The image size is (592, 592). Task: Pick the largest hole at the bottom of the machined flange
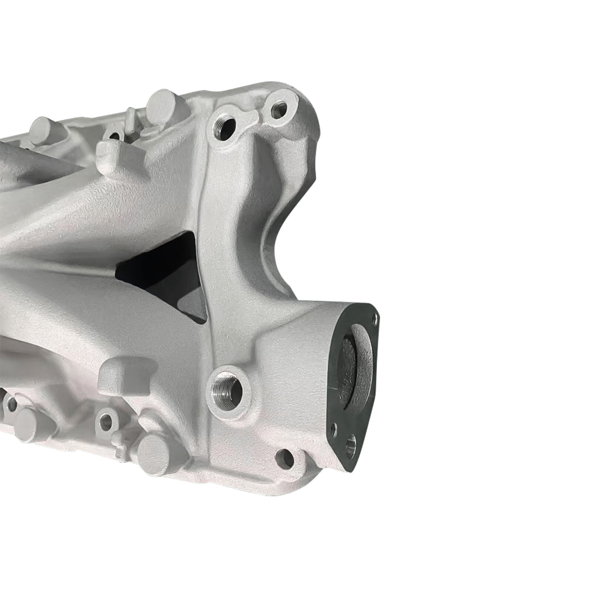tap(350, 443)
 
